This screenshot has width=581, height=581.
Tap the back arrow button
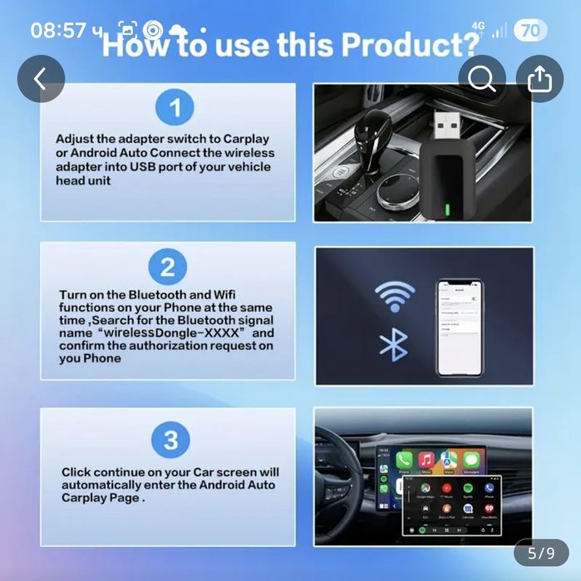click(x=40, y=79)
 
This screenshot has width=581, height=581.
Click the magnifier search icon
click(x=482, y=79)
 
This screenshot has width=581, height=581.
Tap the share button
click(x=539, y=79)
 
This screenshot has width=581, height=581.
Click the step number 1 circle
click(x=175, y=108)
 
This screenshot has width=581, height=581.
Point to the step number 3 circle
click(x=170, y=440)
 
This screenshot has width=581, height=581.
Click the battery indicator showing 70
click(x=530, y=32)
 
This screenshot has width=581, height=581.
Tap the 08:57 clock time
click(x=58, y=31)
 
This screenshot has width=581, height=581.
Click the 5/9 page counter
click(x=541, y=552)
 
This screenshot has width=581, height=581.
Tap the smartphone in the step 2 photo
click(x=461, y=324)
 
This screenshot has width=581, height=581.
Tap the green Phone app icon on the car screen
click(x=405, y=460)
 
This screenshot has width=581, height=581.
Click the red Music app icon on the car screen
click(x=426, y=460)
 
